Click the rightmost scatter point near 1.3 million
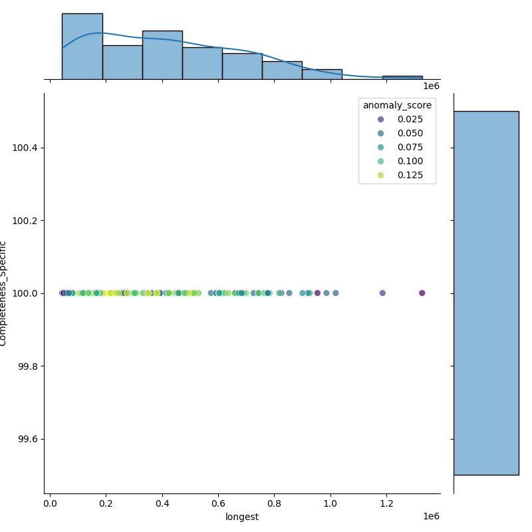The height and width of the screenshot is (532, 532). coord(422,293)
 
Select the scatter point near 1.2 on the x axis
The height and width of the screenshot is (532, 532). coord(382,293)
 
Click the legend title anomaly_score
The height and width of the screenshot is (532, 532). coord(397,105)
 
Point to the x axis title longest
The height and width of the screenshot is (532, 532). coord(242,517)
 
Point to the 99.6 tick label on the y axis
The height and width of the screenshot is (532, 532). coord(27,439)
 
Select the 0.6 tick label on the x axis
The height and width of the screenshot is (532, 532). coord(219,503)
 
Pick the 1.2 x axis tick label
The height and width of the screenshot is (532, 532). coord(387,503)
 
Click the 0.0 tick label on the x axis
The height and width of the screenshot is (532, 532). coord(51,503)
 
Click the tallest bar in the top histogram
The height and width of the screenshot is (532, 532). coord(82,47)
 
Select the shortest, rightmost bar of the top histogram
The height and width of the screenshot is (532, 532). coord(402,77)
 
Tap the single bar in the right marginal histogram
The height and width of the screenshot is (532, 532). coord(485,293)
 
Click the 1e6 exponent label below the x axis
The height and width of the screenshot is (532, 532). coord(431,517)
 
